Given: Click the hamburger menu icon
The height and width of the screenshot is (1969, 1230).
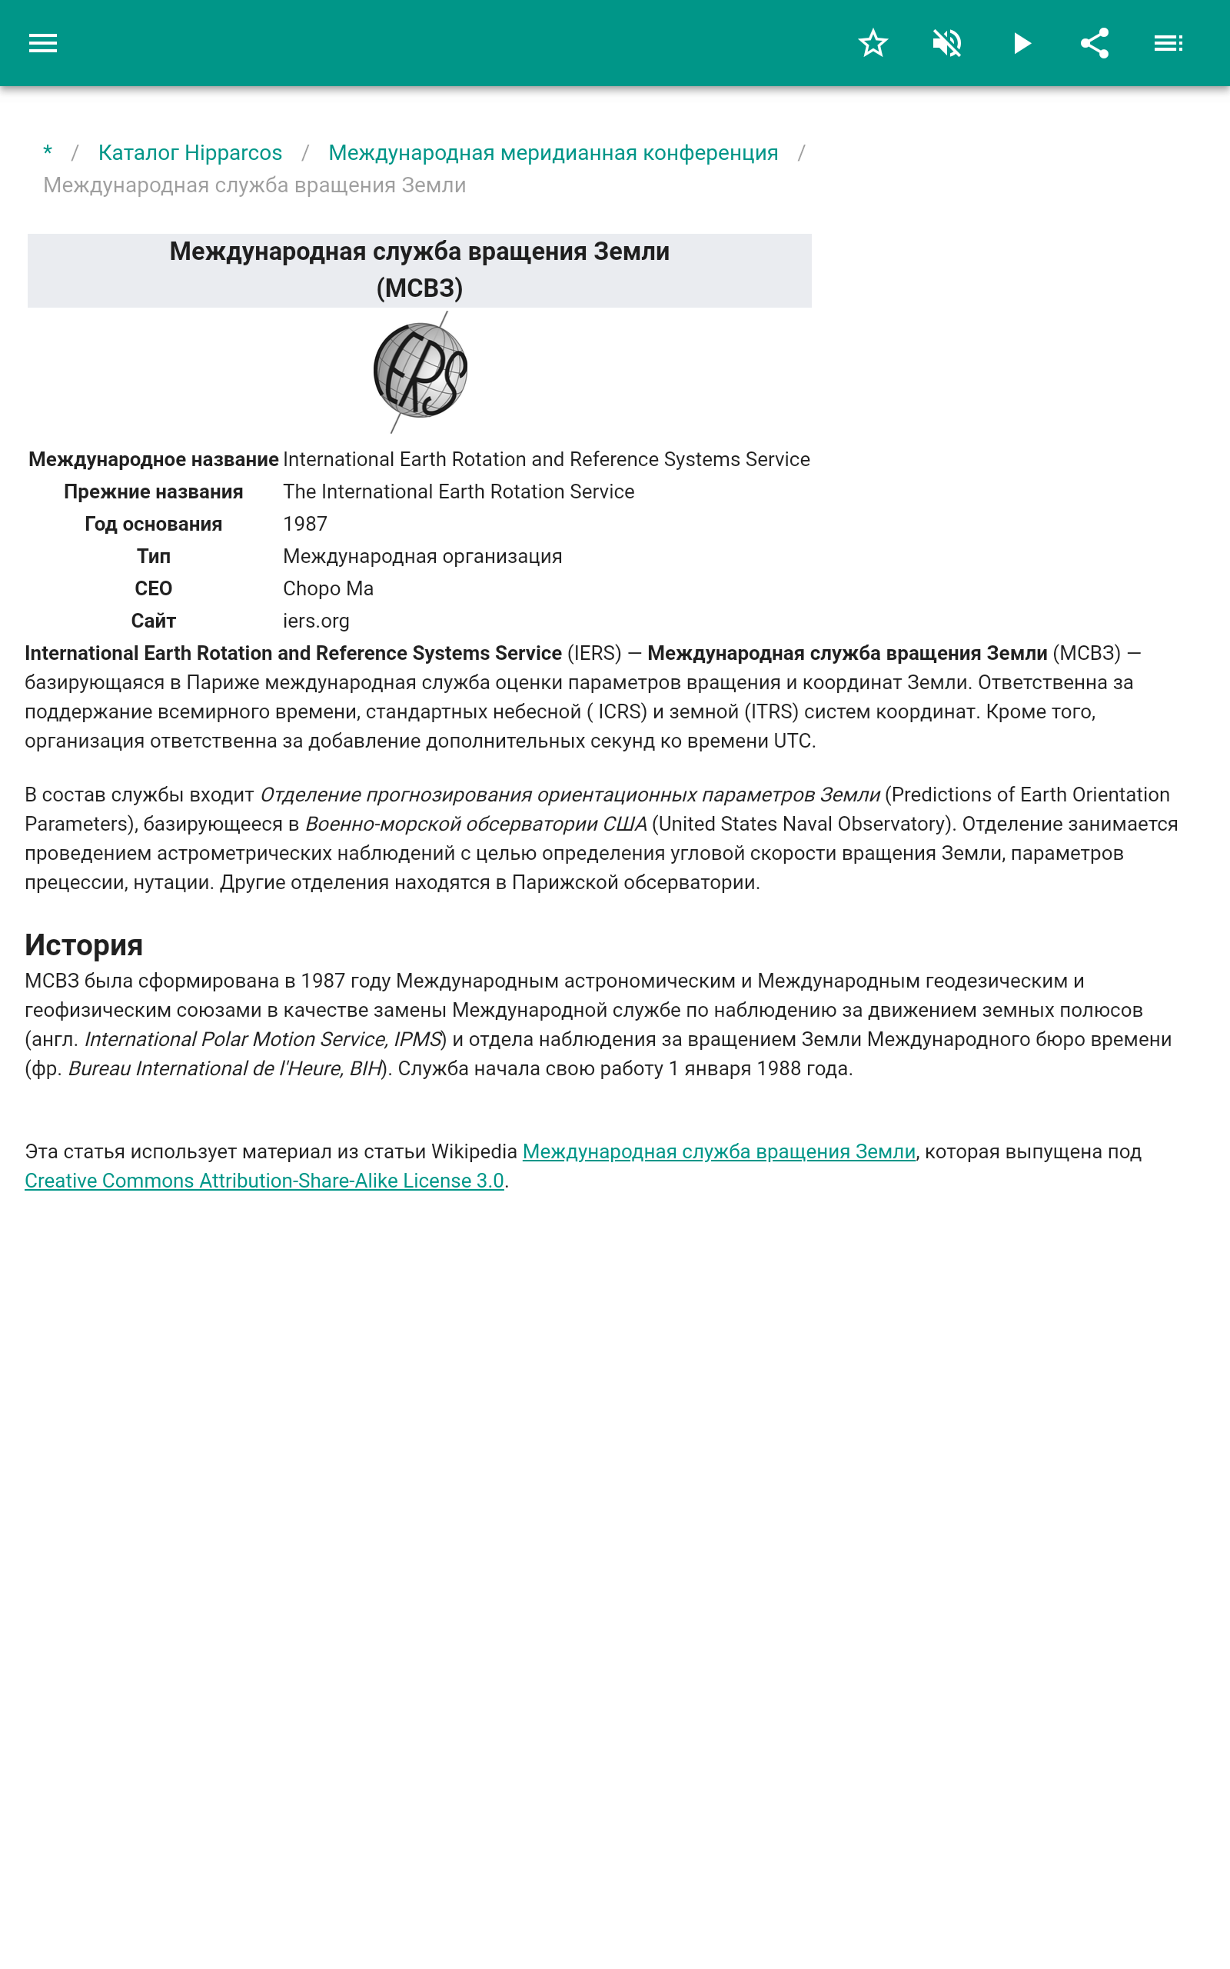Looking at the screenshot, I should pos(43,43).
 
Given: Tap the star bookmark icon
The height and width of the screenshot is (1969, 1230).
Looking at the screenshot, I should pos(873,43).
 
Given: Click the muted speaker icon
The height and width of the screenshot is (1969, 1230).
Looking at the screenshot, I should pos(947,43).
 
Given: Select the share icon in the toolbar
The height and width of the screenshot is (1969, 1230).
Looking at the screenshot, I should pos(1094,43).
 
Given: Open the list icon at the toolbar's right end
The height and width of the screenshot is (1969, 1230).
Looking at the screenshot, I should pos(1168,43).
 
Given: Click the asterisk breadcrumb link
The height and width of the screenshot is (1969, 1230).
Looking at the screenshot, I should pos(48,153).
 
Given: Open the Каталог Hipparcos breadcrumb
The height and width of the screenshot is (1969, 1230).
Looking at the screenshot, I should pos(191,153).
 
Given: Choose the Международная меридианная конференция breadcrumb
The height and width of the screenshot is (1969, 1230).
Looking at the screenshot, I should pos(553,153).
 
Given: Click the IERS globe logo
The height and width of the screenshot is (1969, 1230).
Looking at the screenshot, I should pos(420,371).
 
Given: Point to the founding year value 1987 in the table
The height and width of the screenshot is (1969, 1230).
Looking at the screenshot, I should pos(305,524).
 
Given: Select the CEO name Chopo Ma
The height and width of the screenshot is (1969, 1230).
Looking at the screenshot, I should pos(327,588).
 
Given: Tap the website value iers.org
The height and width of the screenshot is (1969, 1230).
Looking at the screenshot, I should pos(316,621).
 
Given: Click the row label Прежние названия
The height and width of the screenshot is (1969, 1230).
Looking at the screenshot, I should pos(153,491).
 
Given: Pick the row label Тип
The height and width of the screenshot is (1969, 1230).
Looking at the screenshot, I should pos(153,557).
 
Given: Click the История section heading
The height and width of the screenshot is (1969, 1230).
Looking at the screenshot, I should pos(84,945).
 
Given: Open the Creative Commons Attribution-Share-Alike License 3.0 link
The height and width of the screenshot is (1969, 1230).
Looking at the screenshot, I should pos(264,1181).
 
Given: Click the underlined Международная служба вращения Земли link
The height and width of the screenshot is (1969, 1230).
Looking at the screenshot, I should pos(718,1151).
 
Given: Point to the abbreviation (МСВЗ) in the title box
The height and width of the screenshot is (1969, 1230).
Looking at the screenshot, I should pos(419,288).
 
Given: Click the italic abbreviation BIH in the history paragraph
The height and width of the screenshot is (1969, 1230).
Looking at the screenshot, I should pos(365,1068).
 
